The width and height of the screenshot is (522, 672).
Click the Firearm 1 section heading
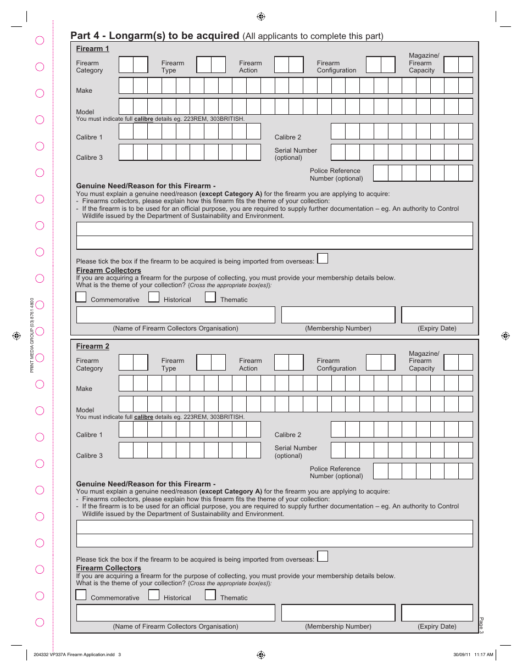pos(92,49)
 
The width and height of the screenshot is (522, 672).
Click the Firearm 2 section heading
pos(92,346)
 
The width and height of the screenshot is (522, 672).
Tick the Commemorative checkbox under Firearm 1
pos(81,297)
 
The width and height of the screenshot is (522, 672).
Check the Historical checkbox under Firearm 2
pos(154,595)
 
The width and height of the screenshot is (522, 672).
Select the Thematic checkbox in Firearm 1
pos(210,297)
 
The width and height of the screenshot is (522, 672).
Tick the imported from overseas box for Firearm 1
pos(323,258)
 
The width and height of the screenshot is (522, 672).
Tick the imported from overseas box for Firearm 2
pos(323,556)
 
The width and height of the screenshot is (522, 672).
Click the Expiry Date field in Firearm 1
pos(437,315)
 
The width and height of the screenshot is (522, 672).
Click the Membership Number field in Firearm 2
pos(338,613)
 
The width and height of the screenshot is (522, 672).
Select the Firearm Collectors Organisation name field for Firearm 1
pos(175,315)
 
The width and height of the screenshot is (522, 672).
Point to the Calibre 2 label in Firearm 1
pos(288,137)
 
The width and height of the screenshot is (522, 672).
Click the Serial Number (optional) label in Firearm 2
pos(296,452)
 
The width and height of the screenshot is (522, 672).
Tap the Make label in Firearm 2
pos(84,389)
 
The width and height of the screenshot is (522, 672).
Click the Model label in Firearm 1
pos(85,112)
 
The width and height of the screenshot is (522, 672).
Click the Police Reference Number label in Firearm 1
pos(336,175)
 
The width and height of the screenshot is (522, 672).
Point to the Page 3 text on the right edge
pos(481,625)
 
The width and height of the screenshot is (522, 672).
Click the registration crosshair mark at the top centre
pos(261,16)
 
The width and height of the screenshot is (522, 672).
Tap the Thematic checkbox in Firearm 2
pos(210,595)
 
